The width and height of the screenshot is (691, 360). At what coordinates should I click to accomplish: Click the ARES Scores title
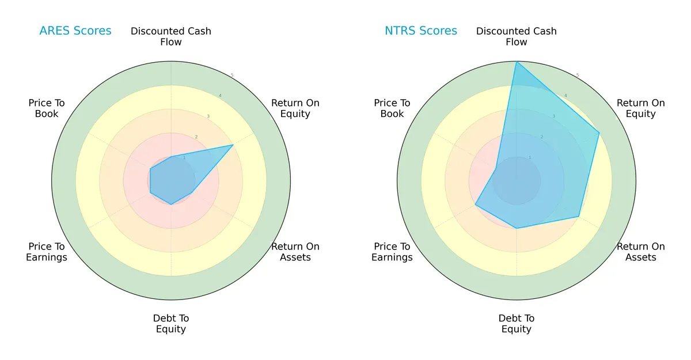pos(75,31)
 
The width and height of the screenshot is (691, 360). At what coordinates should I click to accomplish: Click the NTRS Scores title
pos(421,31)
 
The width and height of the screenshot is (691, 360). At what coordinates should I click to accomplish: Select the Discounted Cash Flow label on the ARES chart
pos(171,36)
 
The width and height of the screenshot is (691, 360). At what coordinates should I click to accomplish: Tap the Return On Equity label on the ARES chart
pos(295,108)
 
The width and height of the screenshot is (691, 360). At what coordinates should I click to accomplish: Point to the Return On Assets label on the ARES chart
pos(295,252)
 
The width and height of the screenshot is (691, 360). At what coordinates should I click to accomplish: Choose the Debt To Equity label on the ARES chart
pos(171,324)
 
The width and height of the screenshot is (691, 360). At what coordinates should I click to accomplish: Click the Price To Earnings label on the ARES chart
pos(47,252)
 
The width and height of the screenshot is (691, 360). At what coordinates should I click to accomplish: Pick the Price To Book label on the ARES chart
pos(47,108)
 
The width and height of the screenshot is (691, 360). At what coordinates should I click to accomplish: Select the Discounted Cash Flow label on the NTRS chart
pos(517,36)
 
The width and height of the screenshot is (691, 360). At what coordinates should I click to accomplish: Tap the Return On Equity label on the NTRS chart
pos(641,108)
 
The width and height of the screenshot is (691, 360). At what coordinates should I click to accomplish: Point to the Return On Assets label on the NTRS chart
pos(641,252)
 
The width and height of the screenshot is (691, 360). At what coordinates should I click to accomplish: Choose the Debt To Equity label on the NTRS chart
pos(517,324)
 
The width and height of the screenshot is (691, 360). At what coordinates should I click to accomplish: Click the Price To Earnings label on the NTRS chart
pos(392,252)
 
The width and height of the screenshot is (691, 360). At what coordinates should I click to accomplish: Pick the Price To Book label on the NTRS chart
pos(392,108)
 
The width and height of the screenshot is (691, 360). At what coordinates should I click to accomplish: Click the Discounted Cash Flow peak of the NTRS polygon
pos(517,62)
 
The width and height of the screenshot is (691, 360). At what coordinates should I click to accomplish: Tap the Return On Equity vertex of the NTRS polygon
pos(599,132)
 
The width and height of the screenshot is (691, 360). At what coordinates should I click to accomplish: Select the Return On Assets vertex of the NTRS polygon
pos(579,217)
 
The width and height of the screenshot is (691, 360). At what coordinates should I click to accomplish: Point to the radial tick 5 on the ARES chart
pos(232,75)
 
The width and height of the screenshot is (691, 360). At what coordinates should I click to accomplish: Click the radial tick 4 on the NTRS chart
pos(565,96)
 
